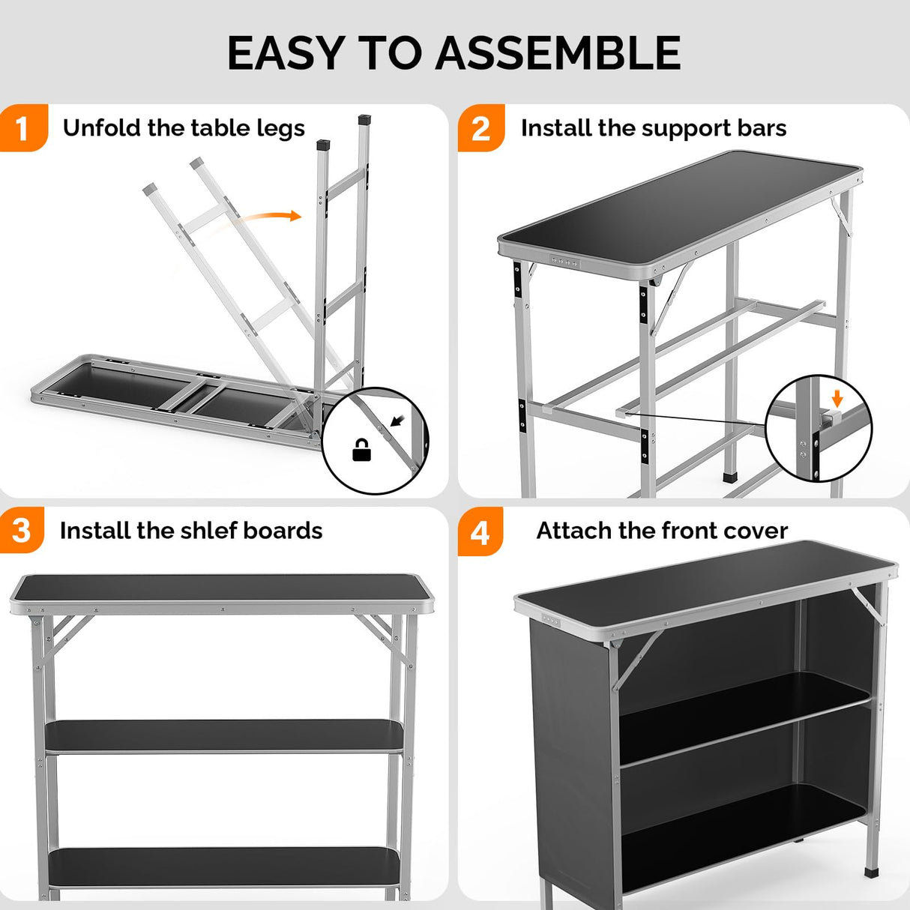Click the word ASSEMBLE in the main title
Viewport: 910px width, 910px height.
pos(558,53)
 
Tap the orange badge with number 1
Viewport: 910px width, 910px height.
pos(22,128)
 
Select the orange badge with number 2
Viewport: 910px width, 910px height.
pos(480,128)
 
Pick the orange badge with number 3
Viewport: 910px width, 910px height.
pos(22,531)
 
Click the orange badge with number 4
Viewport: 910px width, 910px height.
pos(480,532)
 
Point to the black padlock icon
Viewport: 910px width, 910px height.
pos(361,450)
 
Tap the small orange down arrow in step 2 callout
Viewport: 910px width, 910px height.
pos(837,397)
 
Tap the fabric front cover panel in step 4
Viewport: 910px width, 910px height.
pos(573,750)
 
